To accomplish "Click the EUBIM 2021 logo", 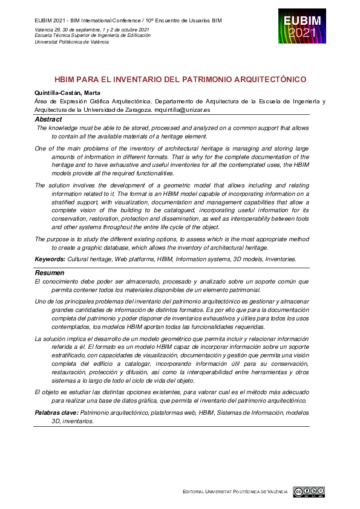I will (302, 26).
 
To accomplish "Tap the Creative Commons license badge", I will (309, 491).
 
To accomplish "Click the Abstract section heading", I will (48, 119).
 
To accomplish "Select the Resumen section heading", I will (49, 273).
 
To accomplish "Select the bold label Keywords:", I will (50, 259).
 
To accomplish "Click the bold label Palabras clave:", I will (56, 412).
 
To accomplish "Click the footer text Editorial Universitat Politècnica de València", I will (235, 492).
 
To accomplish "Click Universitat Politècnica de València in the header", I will (71, 42).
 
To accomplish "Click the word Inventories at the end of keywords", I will (277, 259).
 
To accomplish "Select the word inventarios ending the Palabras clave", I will (78, 421).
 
